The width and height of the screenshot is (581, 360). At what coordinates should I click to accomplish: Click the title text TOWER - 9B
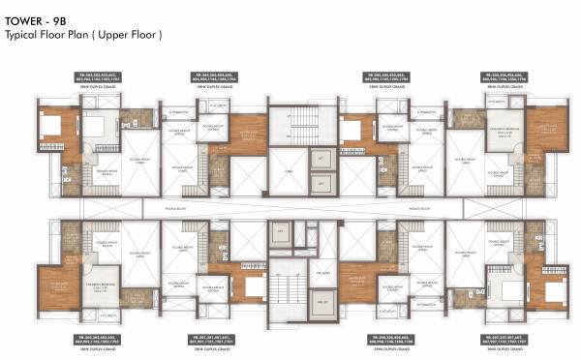coord(32,18)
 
